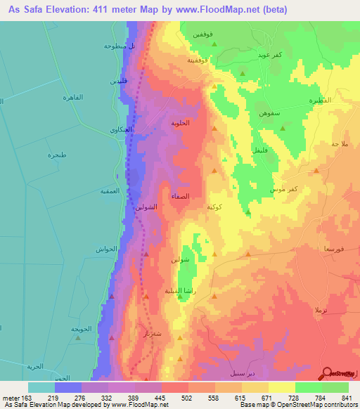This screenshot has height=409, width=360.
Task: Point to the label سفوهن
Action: [270, 114]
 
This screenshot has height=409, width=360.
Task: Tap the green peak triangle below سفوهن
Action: [282, 129]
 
